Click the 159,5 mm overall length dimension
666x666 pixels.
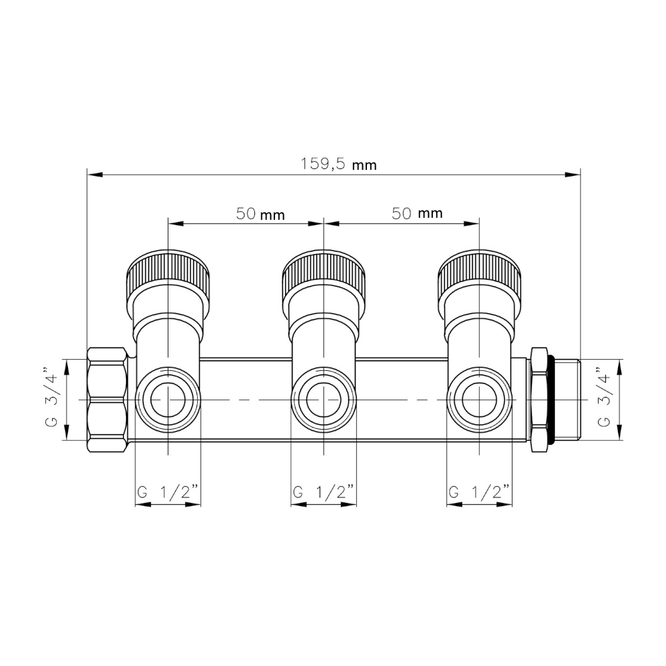(x=338, y=164)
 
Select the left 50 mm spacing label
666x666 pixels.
(x=260, y=214)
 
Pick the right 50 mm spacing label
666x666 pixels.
(x=417, y=213)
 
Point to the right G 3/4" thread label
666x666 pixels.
(x=603, y=398)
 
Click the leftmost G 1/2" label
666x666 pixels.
(x=168, y=492)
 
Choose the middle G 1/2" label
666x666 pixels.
(x=324, y=492)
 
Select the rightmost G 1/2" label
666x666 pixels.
(x=479, y=492)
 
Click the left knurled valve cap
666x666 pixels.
(x=168, y=272)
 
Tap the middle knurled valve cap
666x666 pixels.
(x=324, y=272)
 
